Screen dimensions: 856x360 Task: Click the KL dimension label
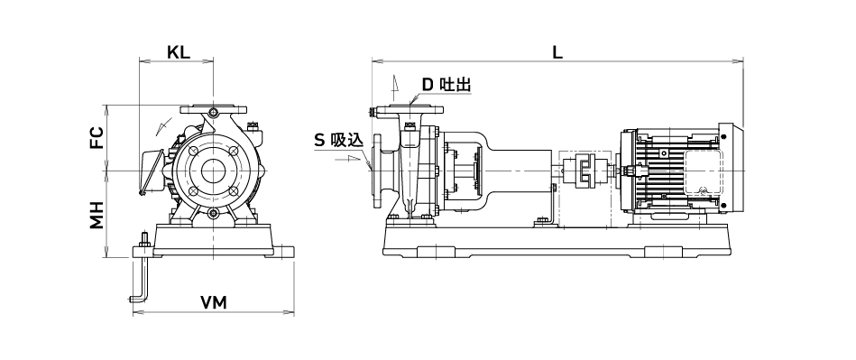click(178, 52)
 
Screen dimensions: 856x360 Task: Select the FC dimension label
click(97, 138)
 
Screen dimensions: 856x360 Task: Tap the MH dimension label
click(97, 215)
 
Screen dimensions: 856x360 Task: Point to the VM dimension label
click(213, 302)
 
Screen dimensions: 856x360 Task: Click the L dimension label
click(557, 52)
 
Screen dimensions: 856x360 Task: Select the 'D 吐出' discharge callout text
click(446, 85)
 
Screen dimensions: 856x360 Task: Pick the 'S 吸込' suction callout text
click(338, 141)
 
